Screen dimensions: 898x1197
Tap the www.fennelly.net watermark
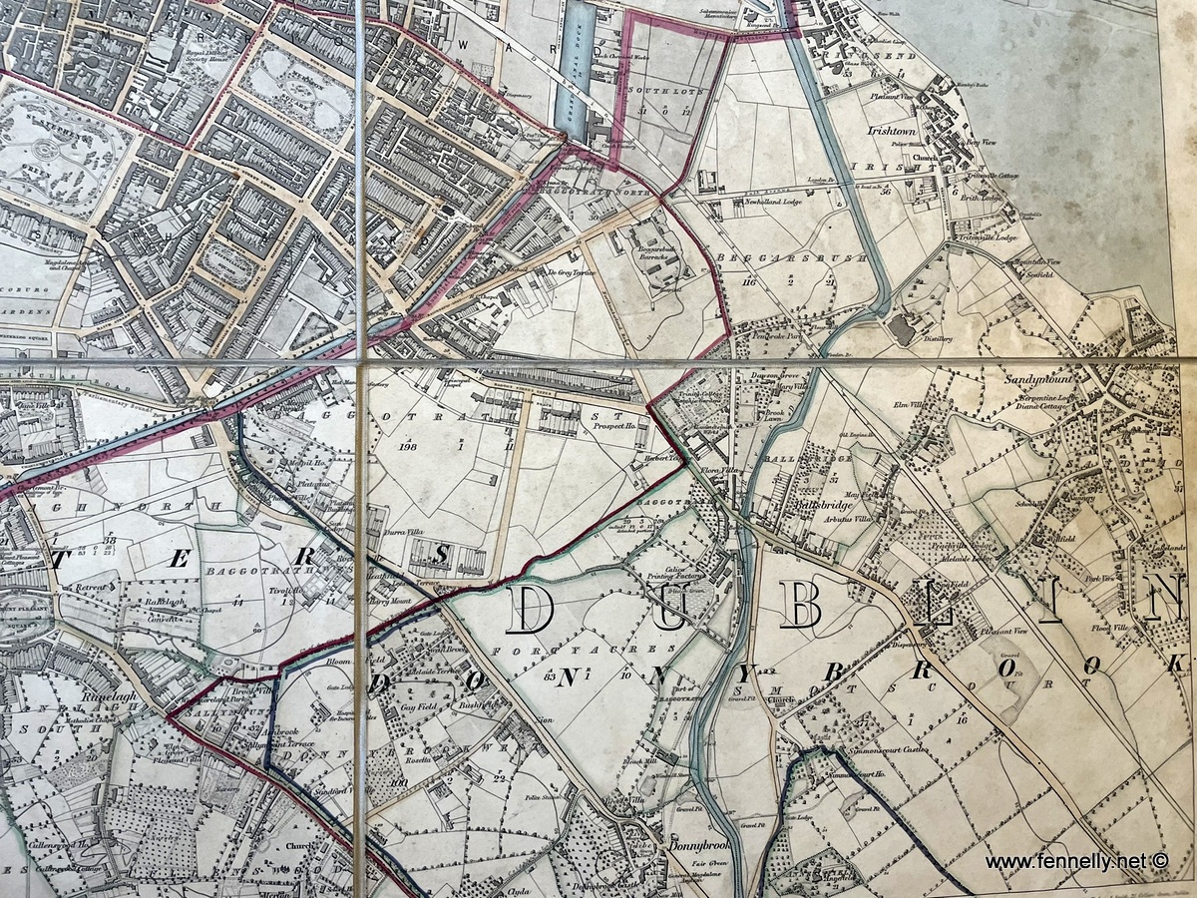click(x=1075, y=860)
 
